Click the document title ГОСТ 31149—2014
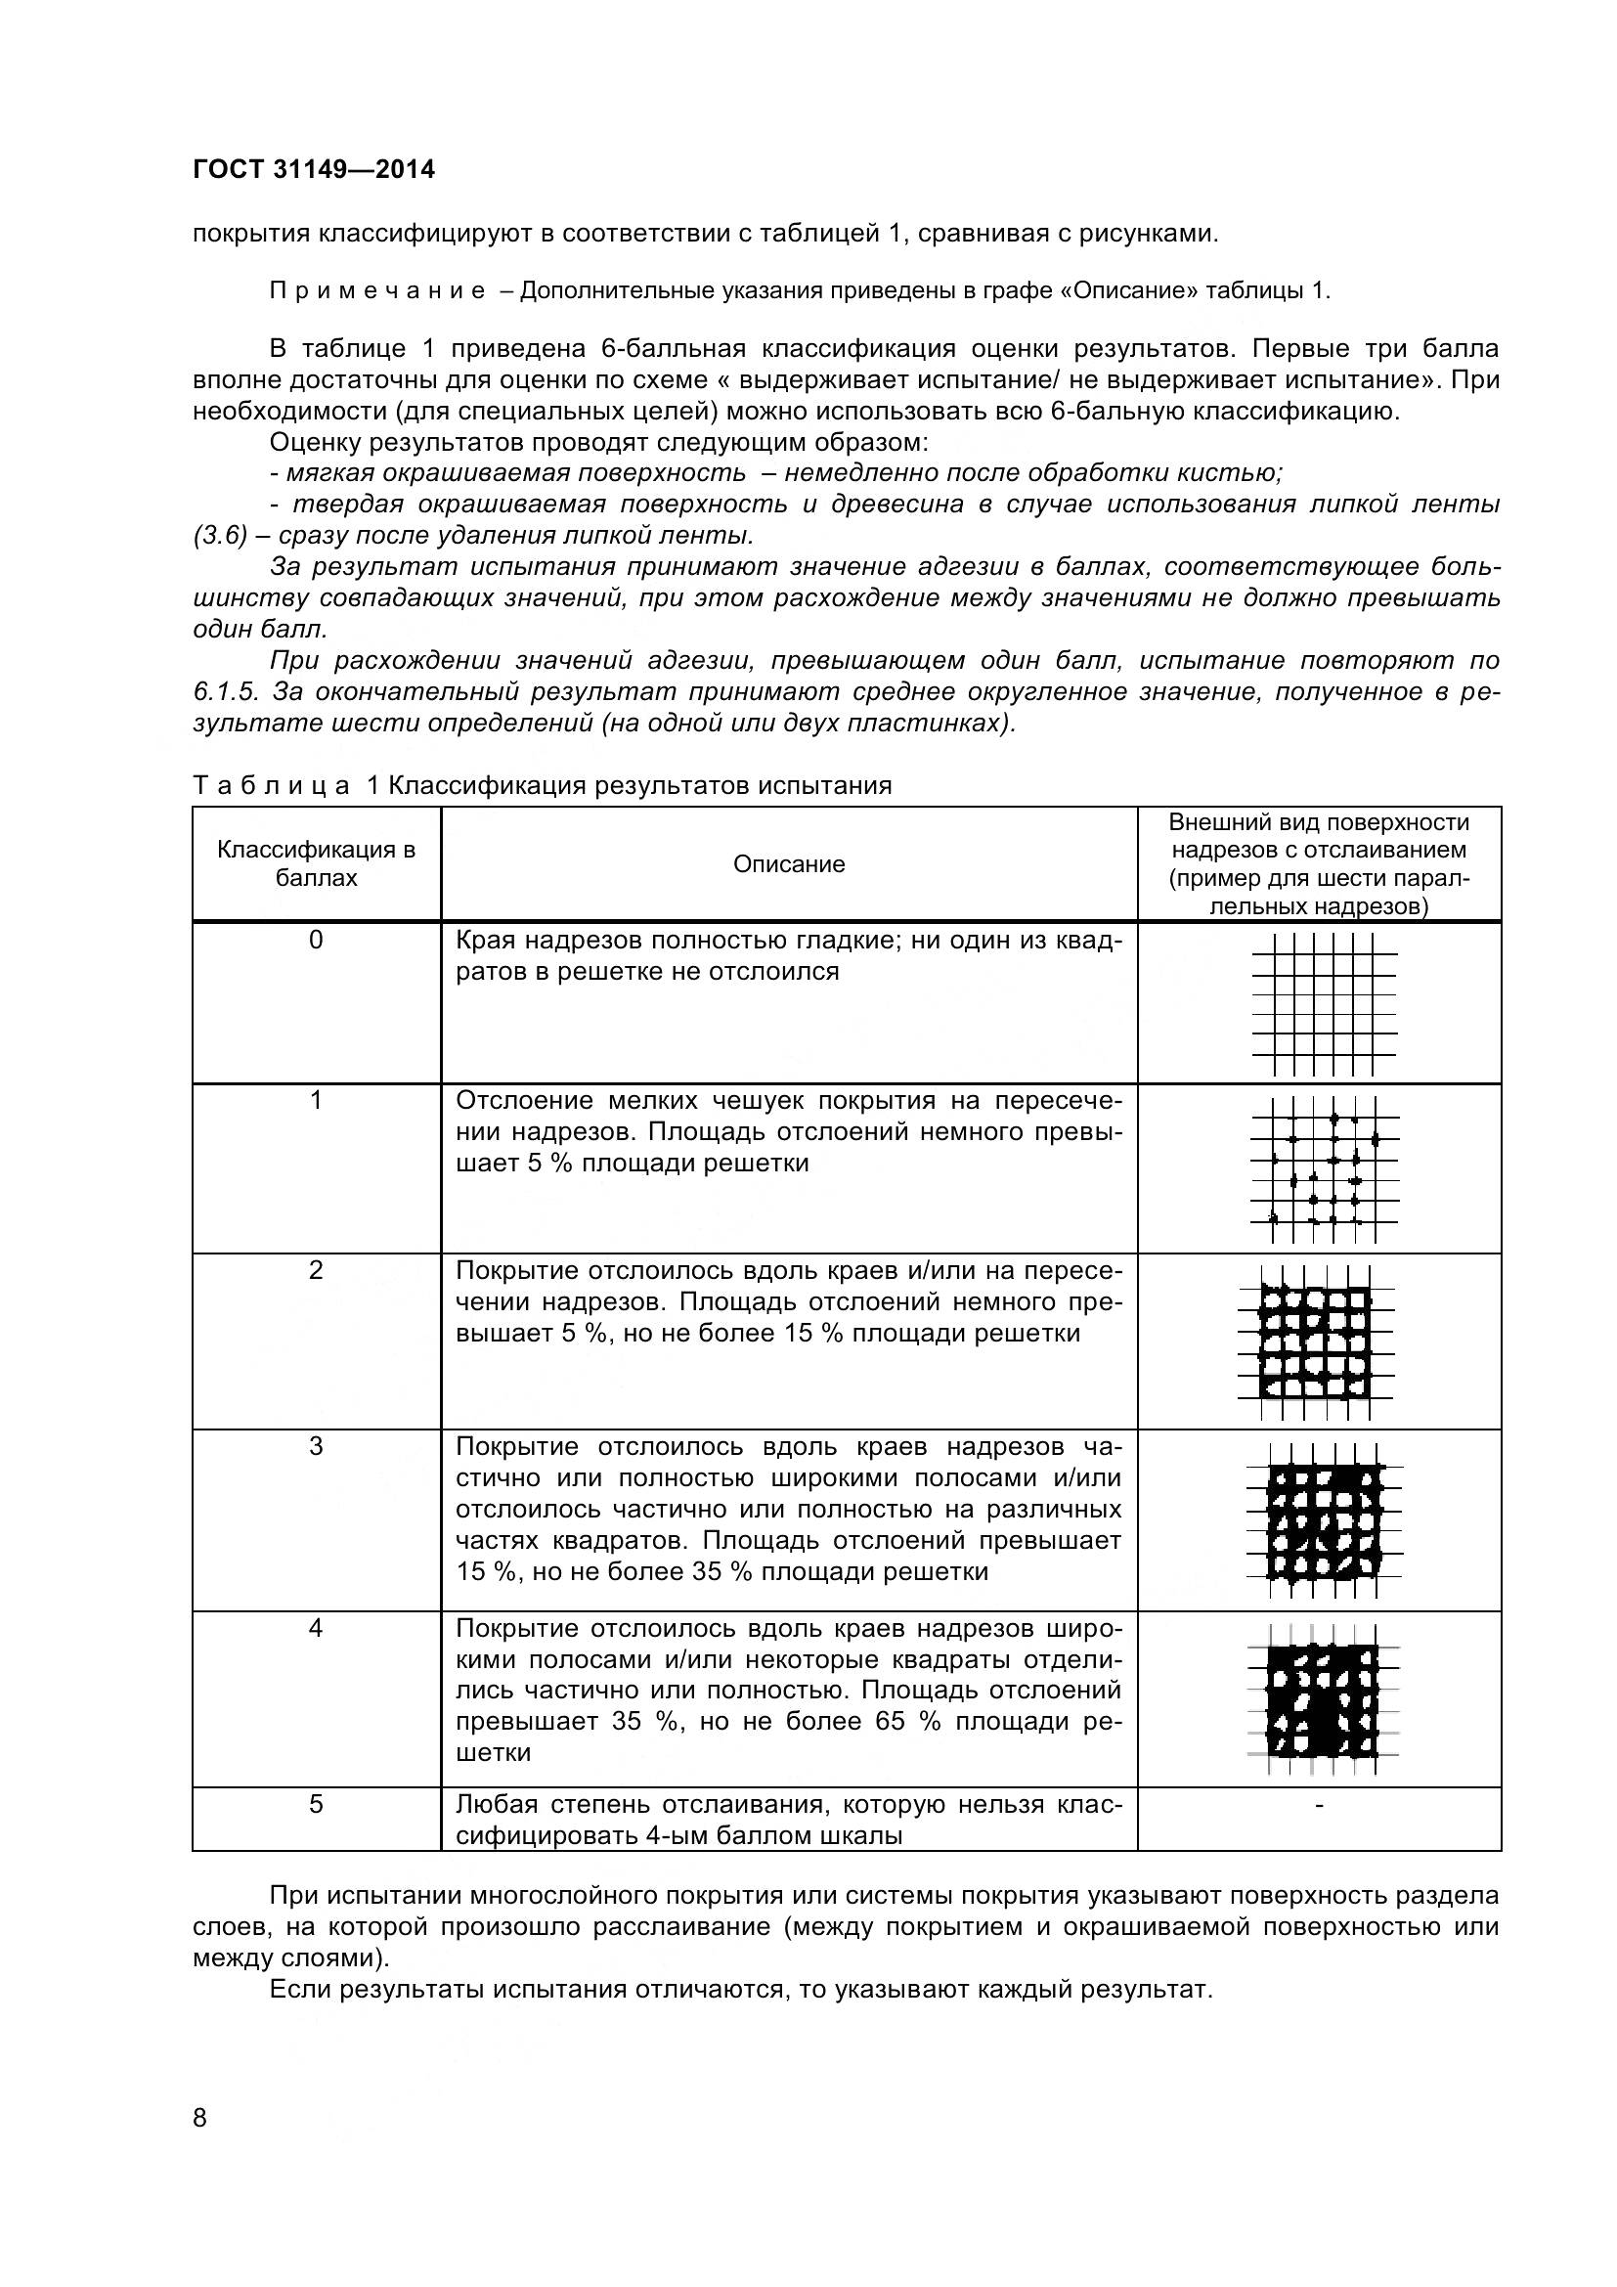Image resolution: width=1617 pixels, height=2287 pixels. (314, 170)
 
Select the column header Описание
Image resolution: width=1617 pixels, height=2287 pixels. (789, 864)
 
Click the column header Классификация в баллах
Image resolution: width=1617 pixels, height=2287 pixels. (316, 863)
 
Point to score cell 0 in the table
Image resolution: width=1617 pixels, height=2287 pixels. (316, 941)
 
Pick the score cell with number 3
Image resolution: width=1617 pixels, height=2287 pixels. (316, 1447)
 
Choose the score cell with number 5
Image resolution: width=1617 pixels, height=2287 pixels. (316, 1805)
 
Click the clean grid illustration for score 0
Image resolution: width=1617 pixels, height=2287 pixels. (1325, 1004)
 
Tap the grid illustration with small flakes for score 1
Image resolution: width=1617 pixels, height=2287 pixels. (1325, 1169)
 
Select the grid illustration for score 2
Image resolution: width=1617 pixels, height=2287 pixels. (1316, 1341)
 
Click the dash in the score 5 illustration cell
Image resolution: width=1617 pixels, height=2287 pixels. (1319, 1804)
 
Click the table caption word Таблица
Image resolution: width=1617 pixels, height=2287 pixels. (272, 786)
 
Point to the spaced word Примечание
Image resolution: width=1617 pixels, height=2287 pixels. (377, 290)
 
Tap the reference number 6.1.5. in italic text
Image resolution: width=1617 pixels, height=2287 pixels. (228, 691)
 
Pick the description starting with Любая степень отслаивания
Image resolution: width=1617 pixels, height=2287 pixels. (789, 1820)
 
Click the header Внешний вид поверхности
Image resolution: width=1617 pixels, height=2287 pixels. (1318, 822)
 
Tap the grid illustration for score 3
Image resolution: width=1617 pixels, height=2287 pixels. (1325, 1522)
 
